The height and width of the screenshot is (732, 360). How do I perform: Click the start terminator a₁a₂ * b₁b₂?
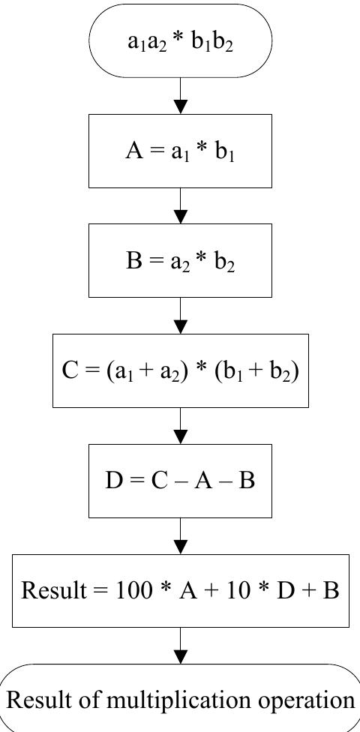180,40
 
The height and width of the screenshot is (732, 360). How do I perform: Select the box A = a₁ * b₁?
180,151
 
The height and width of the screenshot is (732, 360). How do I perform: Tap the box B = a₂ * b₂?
180,261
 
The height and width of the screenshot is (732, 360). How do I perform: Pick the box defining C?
180,370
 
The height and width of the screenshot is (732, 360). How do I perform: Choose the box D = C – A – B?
180,481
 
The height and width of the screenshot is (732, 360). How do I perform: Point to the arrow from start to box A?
180,96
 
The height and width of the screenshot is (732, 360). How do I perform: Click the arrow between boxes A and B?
180,206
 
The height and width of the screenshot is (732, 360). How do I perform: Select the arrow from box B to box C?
180,316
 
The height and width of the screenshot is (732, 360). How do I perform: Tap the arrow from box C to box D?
180,426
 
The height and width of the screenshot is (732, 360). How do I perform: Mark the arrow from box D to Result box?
180,536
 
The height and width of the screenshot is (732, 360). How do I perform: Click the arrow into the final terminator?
180,646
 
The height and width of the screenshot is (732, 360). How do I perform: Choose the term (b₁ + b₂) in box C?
256,371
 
